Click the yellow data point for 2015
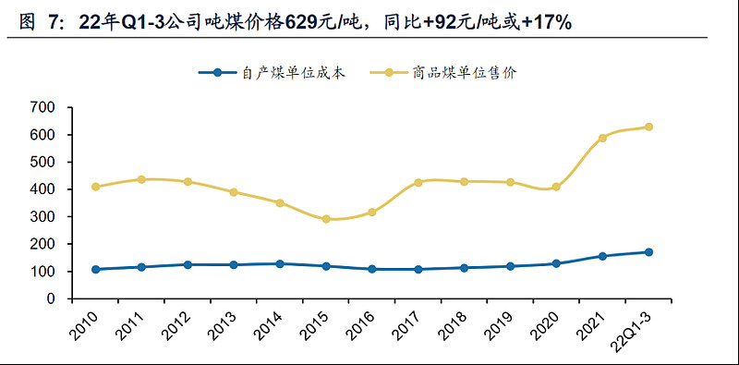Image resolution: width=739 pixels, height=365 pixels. click(x=326, y=219)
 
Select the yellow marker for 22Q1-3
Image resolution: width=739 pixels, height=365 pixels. click(x=648, y=127)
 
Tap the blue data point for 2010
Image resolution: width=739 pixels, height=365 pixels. click(x=96, y=269)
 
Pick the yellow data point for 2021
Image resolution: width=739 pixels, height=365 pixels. click(x=602, y=138)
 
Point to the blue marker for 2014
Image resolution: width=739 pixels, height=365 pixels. click(x=280, y=264)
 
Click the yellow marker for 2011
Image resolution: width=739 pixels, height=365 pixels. click(x=141, y=179)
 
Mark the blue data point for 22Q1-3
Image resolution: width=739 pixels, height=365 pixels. click(x=648, y=252)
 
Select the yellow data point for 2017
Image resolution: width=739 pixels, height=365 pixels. click(x=418, y=183)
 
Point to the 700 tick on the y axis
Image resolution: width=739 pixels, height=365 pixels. click(x=42, y=107)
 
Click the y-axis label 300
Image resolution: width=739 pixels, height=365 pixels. click(x=42, y=217)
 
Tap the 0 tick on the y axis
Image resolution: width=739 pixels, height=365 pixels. click(x=51, y=299)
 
